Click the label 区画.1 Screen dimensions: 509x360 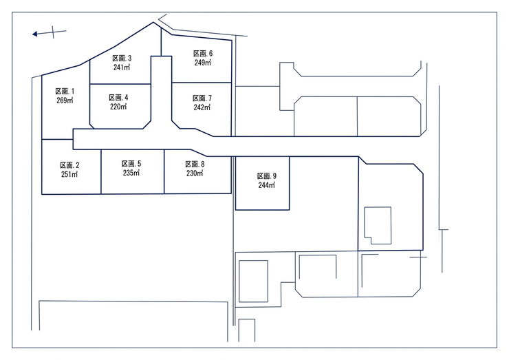coord(65,92)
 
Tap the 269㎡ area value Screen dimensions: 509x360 coord(65,100)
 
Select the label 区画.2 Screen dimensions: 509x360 coord(69,165)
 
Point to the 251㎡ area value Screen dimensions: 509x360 coord(69,174)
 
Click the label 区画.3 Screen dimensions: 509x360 coord(122,58)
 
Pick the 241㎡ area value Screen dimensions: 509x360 coord(122,67)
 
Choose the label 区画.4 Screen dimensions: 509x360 coord(118,98)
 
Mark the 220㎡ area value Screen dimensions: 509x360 coord(118,106)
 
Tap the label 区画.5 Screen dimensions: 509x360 coord(131,164)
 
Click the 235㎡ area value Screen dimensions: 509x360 coord(131,173)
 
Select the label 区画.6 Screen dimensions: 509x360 coord(203,54)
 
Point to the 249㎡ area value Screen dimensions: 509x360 coord(203,63)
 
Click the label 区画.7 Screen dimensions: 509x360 coord(202,98)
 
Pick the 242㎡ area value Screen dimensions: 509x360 coord(202,107)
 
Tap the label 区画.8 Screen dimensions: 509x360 coord(195,165)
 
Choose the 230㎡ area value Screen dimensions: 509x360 coord(195,173)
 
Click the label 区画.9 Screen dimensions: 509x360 coord(267,176)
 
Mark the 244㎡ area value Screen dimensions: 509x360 coord(267,185)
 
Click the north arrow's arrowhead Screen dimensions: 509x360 coord(34,34)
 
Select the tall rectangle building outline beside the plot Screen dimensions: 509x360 coord(239,282)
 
